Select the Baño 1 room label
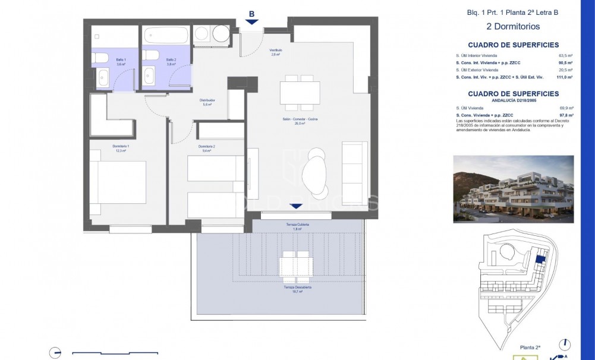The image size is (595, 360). (104, 60)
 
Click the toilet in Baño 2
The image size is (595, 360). (150, 56)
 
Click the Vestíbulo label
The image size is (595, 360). (275, 52)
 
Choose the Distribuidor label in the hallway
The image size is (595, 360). (206, 102)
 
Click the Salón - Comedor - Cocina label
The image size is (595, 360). (300, 121)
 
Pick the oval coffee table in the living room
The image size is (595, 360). (314, 173)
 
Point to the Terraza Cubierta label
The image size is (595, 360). (297, 226)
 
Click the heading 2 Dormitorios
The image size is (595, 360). (513, 26)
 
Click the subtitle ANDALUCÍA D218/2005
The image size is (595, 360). (513, 100)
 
